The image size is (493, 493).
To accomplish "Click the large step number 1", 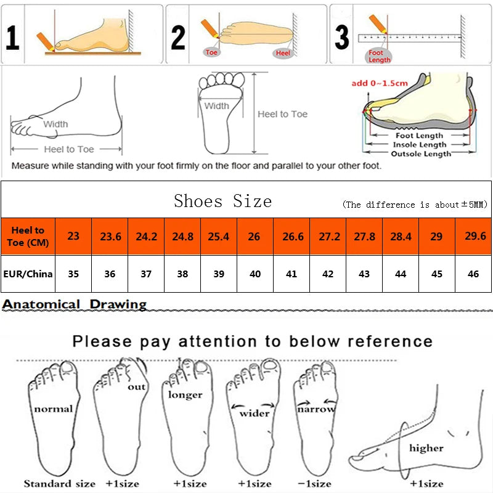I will pos(12,37).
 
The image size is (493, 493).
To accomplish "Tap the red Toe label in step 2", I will pos(212,53).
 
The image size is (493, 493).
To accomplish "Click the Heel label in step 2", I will pos(283,54).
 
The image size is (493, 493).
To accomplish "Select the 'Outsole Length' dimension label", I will pos(421,153).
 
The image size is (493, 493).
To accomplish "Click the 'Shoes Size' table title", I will pos(222,201).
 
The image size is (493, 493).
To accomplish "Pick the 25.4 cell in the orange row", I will pos(219,236).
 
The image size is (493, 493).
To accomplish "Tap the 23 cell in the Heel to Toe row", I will pos(73,236).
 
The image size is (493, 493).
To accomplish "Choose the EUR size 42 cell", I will pos(328,274).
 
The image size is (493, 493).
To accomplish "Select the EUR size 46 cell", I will pos(473,274).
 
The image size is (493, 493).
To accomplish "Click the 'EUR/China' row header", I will pos(28,274).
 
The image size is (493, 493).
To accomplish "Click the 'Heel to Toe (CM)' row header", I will pos(28,236).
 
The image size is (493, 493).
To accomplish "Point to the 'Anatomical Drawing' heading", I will pos(75,304).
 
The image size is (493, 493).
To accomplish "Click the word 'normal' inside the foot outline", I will pos(53,409).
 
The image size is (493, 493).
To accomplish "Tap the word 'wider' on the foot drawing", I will pos(255,413).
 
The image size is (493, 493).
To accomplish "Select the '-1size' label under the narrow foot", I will pos(314,483).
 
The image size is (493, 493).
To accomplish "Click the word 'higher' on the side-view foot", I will pos(426,448).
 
